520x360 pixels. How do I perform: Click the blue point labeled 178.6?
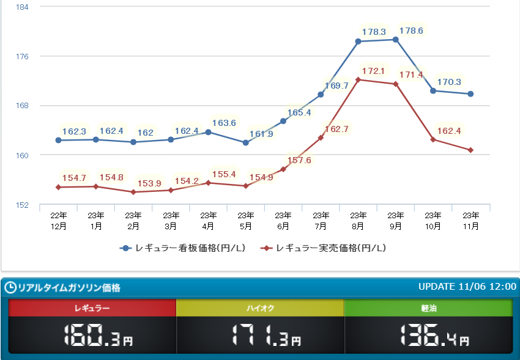(x=396, y=40)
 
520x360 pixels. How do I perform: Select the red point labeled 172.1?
(x=358, y=79)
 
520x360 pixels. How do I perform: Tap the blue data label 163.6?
(x=224, y=123)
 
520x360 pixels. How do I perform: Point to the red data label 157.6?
(x=299, y=161)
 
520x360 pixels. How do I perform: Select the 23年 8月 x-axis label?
(x=358, y=221)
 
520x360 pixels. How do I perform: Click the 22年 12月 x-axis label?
(x=58, y=221)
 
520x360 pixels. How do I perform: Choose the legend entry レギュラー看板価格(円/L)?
(x=184, y=248)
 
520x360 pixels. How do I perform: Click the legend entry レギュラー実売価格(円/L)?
(x=324, y=248)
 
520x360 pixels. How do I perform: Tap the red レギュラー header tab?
(x=92, y=308)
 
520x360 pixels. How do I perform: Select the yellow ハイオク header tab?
(x=260, y=308)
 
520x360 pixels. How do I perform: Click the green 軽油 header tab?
(x=428, y=308)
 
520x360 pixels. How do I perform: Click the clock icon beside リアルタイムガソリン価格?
(x=10, y=287)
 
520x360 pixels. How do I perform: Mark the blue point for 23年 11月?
(x=470, y=94)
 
